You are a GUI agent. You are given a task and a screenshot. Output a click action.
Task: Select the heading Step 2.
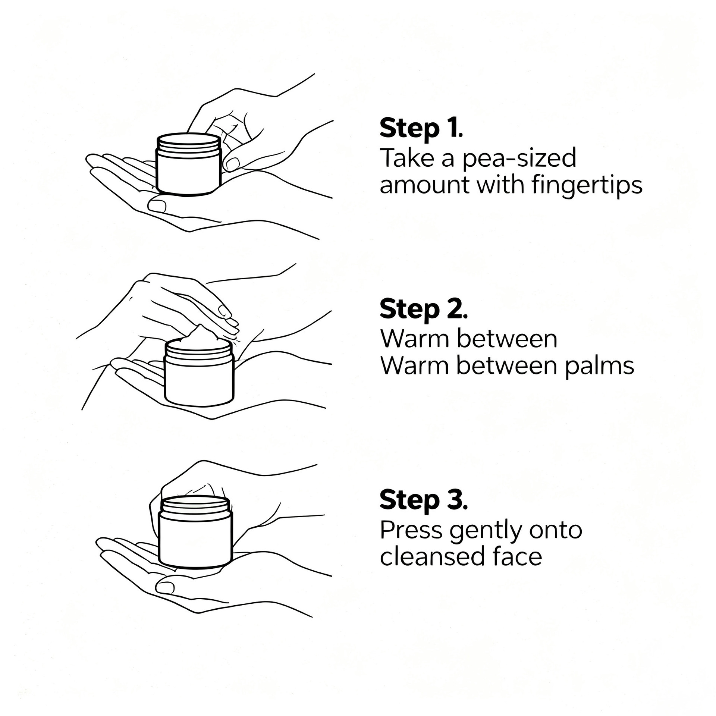pos(423,310)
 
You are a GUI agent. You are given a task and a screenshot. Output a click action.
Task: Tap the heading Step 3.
pos(423,500)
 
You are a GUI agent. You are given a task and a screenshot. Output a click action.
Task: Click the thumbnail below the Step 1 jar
pos(157,205)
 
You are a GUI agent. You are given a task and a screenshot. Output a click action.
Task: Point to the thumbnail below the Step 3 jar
pos(165,587)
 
